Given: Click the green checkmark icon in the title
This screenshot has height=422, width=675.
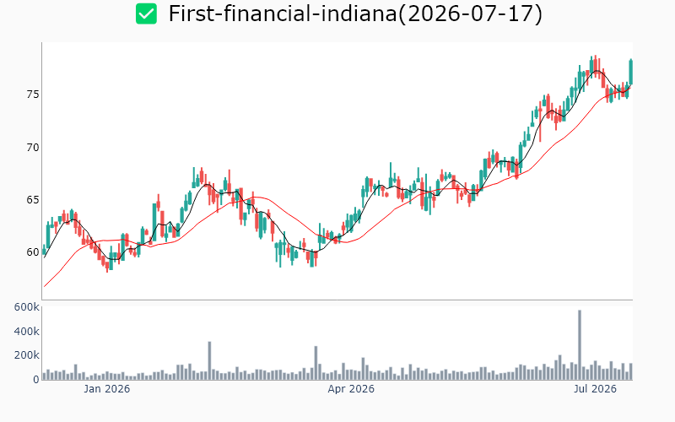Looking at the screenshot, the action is pyautogui.click(x=146, y=14).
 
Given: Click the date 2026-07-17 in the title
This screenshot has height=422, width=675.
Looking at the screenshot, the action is pyautogui.click(x=471, y=14).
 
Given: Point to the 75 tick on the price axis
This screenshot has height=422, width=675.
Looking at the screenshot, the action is pyautogui.click(x=33, y=95).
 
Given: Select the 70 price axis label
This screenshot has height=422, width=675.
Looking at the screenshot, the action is pyautogui.click(x=33, y=148).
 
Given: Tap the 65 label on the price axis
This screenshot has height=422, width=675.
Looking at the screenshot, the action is pyautogui.click(x=33, y=200).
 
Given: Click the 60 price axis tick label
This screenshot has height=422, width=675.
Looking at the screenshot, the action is pyautogui.click(x=33, y=252).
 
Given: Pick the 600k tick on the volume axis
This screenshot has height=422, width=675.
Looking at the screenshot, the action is pyautogui.click(x=27, y=307).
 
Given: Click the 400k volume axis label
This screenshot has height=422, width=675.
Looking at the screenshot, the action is pyautogui.click(x=27, y=331).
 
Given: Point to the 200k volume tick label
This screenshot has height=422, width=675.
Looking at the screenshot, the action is pyautogui.click(x=27, y=355).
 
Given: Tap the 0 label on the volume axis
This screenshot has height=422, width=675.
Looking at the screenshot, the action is pyautogui.click(x=36, y=379).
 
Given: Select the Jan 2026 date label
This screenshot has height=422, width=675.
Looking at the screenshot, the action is pyautogui.click(x=107, y=389).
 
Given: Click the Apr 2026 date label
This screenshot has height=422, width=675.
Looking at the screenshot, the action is pyautogui.click(x=351, y=389).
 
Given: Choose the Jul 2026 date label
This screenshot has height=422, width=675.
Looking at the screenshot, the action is pyautogui.click(x=596, y=389).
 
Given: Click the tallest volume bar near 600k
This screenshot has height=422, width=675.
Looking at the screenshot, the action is pyautogui.click(x=580, y=345).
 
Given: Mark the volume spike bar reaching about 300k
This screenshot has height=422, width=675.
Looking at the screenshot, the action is pyautogui.click(x=209, y=361).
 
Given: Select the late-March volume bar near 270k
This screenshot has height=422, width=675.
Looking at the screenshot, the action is pyautogui.click(x=316, y=363).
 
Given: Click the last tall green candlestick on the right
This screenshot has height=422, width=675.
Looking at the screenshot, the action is pyautogui.click(x=631, y=72).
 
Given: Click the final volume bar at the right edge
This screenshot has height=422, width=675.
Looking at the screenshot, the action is pyautogui.click(x=631, y=371).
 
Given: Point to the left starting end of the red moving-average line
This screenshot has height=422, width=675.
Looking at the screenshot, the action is pyautogui.click(x=45, y=286).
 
